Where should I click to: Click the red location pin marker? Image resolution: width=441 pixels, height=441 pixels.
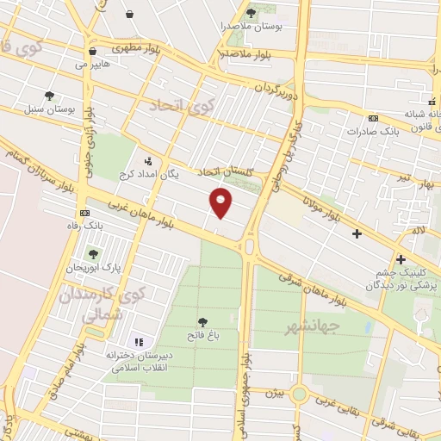point(221,201)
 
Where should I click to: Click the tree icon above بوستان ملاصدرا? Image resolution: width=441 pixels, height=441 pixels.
point(251,13)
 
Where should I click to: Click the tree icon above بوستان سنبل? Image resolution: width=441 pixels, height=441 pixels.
point(49,96)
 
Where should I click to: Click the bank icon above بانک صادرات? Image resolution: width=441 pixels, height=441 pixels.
point(372,118)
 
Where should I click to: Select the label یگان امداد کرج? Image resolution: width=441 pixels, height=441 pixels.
point(171,175)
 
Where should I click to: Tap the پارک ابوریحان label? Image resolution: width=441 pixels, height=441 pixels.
point(93,268)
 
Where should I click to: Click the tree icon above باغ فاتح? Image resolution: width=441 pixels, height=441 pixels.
point(202,320)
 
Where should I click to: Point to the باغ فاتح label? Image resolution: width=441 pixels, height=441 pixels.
point(202,334)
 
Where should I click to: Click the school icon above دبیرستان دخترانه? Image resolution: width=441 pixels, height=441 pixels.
point(140,342)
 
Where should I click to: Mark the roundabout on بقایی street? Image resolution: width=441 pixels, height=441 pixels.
point(298,394)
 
